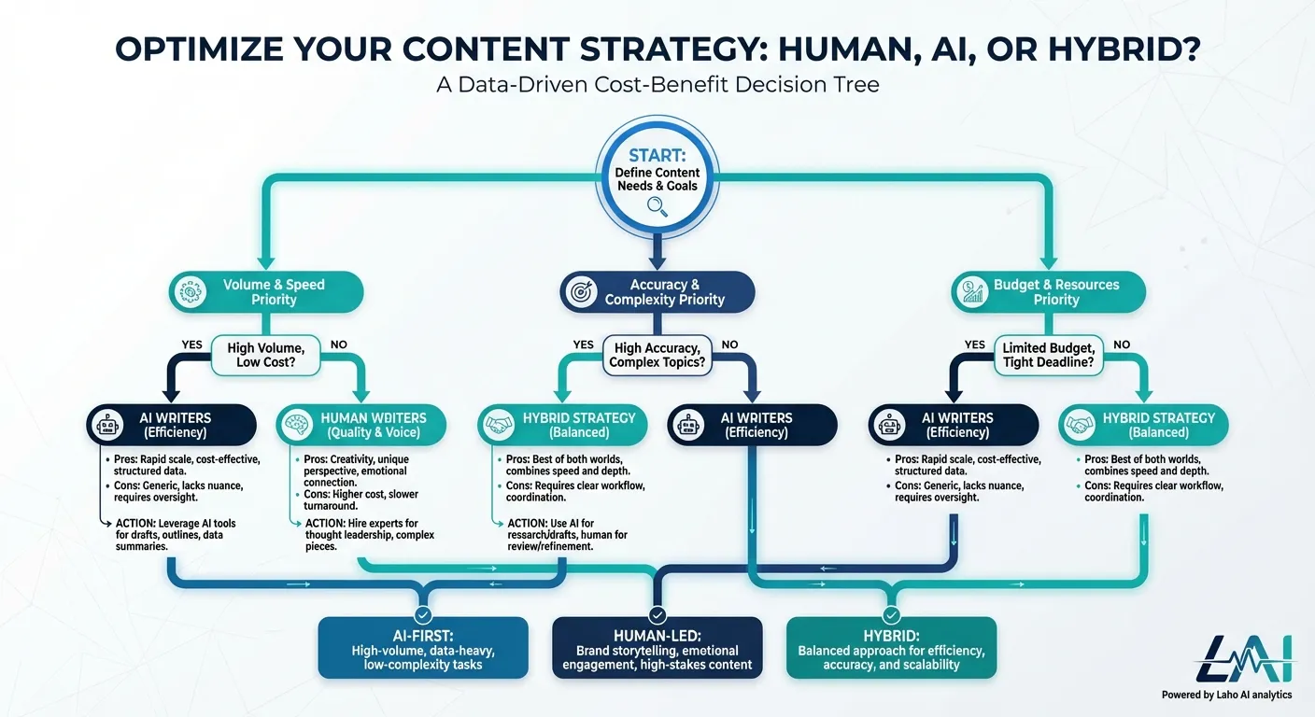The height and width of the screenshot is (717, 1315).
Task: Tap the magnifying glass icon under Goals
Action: point(657,208)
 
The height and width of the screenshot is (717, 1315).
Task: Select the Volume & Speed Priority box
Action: point(265,292)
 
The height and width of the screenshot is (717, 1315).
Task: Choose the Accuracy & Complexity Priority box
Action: point(657,292)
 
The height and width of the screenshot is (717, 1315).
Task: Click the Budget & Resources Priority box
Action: point(1048,292)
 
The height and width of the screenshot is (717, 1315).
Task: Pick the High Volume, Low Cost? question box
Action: point(266,355)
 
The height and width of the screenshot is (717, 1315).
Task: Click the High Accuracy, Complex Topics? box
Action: point(657,355)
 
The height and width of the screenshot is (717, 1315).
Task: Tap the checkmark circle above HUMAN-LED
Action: point(657,615)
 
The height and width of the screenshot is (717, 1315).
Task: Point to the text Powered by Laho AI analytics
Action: point(1226,695)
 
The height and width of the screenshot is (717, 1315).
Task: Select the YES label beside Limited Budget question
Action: point(974,344)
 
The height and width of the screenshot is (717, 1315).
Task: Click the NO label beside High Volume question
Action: point(338,344)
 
